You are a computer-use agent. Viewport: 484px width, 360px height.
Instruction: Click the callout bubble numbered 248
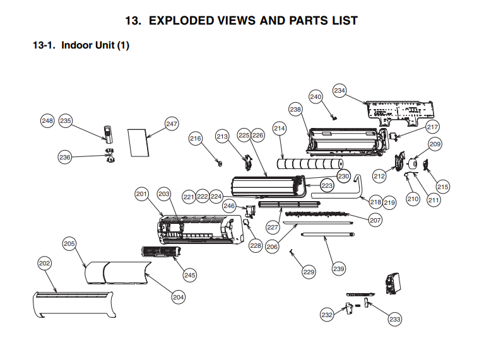pyautogui.click(x=47, y=120)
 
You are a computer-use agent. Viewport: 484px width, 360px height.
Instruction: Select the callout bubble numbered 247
pyautogui.click(x=172, y=124)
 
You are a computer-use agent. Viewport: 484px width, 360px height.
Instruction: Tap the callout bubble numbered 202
pyautogui.click(x=44, y=263)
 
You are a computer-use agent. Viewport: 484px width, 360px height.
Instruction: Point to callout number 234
pyautogui.click(x=339, y=91)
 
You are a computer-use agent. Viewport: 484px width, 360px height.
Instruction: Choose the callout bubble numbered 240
pyautogui.click(x=316, y=96)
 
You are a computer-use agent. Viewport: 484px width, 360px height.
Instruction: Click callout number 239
pyautogui.click(x=339, y=269)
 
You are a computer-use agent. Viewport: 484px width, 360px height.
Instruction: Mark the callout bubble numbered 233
pyautogui.click(x=395, y=320)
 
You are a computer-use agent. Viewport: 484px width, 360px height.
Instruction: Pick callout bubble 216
pyautogui.click(x=196, y=139)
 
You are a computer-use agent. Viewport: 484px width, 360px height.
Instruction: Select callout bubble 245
pyautogui.click(x=190, y=275)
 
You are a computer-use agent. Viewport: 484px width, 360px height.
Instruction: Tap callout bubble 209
pyautogui.click(x=435, y=144)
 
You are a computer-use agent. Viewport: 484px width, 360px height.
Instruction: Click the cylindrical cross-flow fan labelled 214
pyautogui.click(x=310, y=166)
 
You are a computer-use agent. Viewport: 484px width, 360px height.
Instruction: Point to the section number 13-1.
pyautogui.click(x=44, y=45)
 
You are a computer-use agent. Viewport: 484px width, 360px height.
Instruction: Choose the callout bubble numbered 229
pyautogui.click(x=309, y=272)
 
